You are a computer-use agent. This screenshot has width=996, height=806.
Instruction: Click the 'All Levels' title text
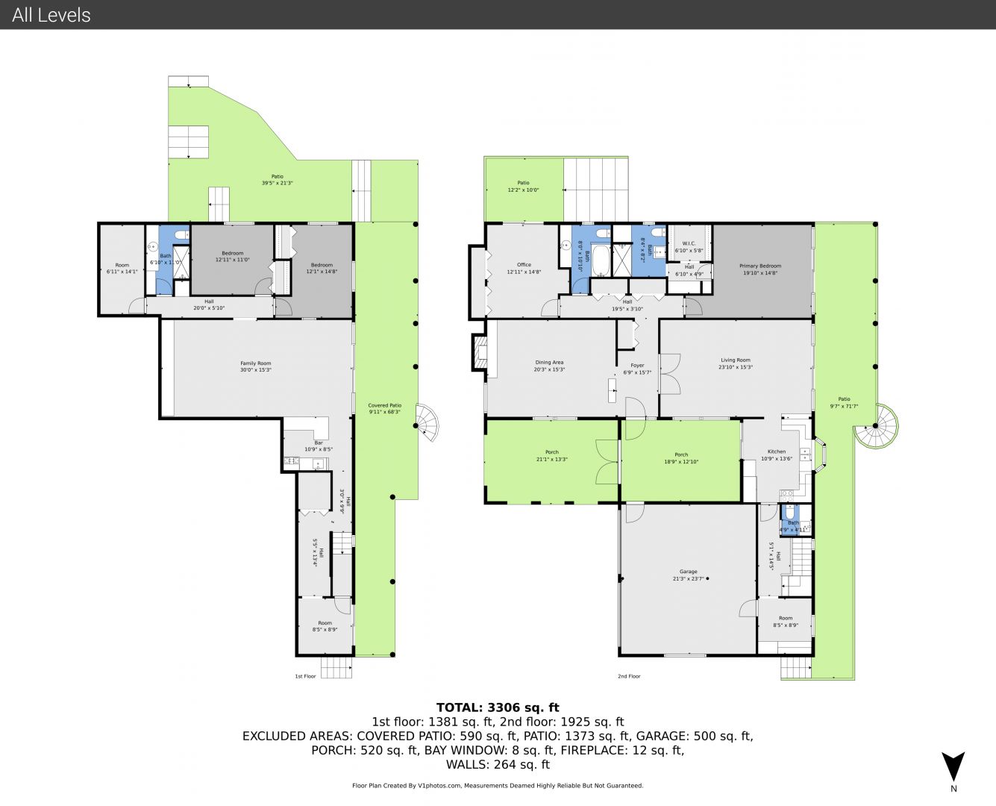point(51,15)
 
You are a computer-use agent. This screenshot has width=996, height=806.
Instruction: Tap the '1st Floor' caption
point(305,676)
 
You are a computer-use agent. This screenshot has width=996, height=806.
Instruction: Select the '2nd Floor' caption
point(629,676)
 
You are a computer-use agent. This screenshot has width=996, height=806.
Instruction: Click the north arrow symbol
point(953,767)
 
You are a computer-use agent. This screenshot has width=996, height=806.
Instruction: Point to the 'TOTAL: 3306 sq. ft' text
point(498,707)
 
